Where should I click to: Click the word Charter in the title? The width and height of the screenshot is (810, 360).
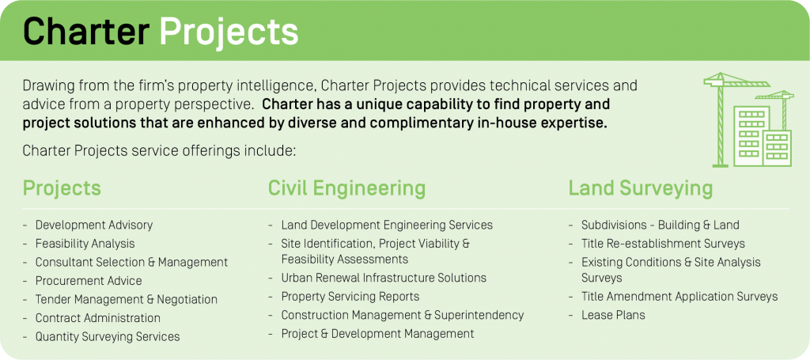[x=85, y=31]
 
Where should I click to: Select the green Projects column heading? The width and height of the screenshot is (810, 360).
[x=62, y=188]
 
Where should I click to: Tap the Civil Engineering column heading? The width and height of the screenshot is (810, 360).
[x=346, y=188]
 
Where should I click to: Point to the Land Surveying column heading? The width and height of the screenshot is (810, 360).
[x=641, y=188]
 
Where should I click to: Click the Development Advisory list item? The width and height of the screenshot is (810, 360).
[x=94, y=225]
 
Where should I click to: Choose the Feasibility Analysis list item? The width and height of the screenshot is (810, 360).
[x=85, y=243]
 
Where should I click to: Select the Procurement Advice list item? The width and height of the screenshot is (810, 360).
[x=89, y=281]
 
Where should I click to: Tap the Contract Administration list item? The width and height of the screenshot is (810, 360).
[x=97, y=318]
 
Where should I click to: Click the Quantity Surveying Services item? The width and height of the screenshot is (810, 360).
[x=108, y=337]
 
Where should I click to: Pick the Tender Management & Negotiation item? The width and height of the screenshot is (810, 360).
[x=126, y=300]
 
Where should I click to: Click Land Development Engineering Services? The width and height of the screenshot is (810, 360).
[x=387, y=225]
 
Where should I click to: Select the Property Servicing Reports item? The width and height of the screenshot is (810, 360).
[x=350, y=297]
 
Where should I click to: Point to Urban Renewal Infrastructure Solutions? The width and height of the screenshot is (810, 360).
[x=384, y=278]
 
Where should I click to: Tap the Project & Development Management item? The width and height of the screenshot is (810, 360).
[x=377, y=334]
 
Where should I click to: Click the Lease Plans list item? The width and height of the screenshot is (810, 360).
[x=613, y=315]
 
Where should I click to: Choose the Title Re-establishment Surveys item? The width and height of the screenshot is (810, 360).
[x=664, y=243]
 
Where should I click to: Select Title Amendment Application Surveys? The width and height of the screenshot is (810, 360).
[x=679, y=297]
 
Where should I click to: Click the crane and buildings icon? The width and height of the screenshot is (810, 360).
[x=748, y=119]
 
